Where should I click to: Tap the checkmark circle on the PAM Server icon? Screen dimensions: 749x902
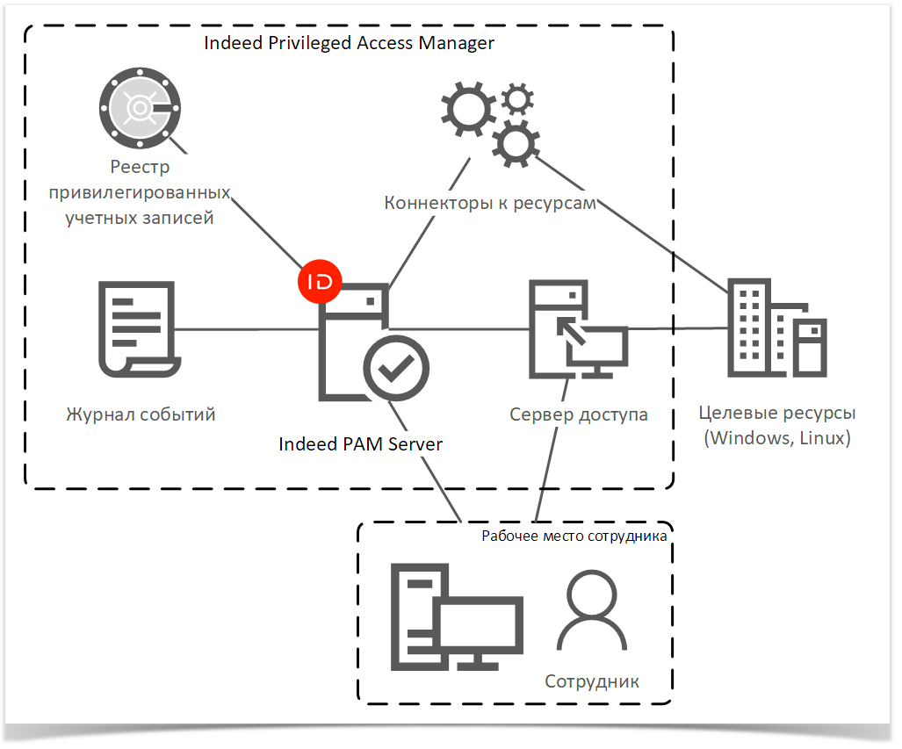(397, 366)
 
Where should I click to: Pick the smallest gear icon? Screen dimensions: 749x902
(518, 98)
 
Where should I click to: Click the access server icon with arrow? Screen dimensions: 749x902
(575, 329)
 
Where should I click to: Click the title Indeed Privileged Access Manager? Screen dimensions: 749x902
(349, 43)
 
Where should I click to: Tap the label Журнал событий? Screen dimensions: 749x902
(141, 414)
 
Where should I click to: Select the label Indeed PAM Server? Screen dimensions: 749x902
(360, 444)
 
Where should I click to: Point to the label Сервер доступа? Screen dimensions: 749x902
(579, 414)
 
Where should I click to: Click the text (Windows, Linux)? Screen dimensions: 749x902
(777, 438)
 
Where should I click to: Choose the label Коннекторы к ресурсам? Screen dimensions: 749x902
(490, 204)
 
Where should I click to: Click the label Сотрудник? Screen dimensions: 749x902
(592, 681)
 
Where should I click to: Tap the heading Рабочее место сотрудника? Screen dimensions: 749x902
(574, 535)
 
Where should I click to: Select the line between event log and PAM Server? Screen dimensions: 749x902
(246, 330)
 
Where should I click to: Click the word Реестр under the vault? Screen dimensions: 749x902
(140, 167)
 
